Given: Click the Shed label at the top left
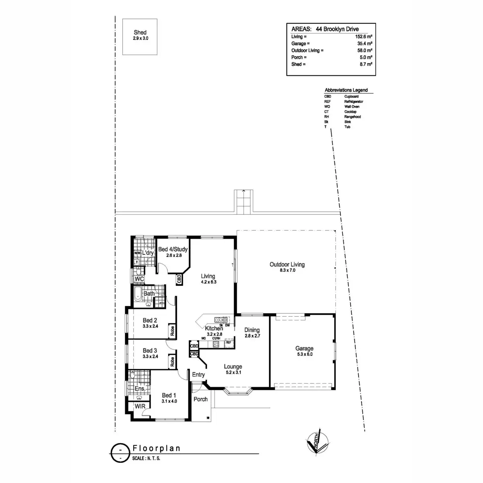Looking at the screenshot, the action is click(x=140, y=32).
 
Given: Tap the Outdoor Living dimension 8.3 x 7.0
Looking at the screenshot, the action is click(x=287, y=270).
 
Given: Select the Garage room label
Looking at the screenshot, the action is click(x=304, y=349).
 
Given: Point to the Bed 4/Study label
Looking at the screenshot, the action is click(x=173, y=250).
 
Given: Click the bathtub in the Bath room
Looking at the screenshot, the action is click(x=138, y=294).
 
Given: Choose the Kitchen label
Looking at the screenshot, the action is click(x=214, y=328).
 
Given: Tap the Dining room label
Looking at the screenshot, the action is click(x=252, y=330).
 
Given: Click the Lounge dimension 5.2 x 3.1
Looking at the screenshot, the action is click(x=233, y=373).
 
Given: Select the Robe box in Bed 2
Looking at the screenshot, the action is click(x=172, y=330).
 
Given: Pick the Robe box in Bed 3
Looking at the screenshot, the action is click(x=172, y=362).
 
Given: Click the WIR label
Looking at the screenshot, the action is click(x=140, y=407).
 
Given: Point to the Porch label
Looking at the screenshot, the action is click(x=200, y=399).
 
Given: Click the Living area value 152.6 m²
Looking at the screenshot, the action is click(x=363, y=37).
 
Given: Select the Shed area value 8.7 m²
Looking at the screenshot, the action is click(x=365, y=64).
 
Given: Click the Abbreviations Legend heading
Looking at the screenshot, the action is click(x=346, y=90).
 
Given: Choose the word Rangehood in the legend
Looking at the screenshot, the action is click(x=353, y=117).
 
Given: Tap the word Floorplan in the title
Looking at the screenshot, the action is click(x=157, y=448).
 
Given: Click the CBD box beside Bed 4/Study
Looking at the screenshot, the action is click(x=179, y=279).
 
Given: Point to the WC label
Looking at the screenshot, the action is click(x=139, y=279).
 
